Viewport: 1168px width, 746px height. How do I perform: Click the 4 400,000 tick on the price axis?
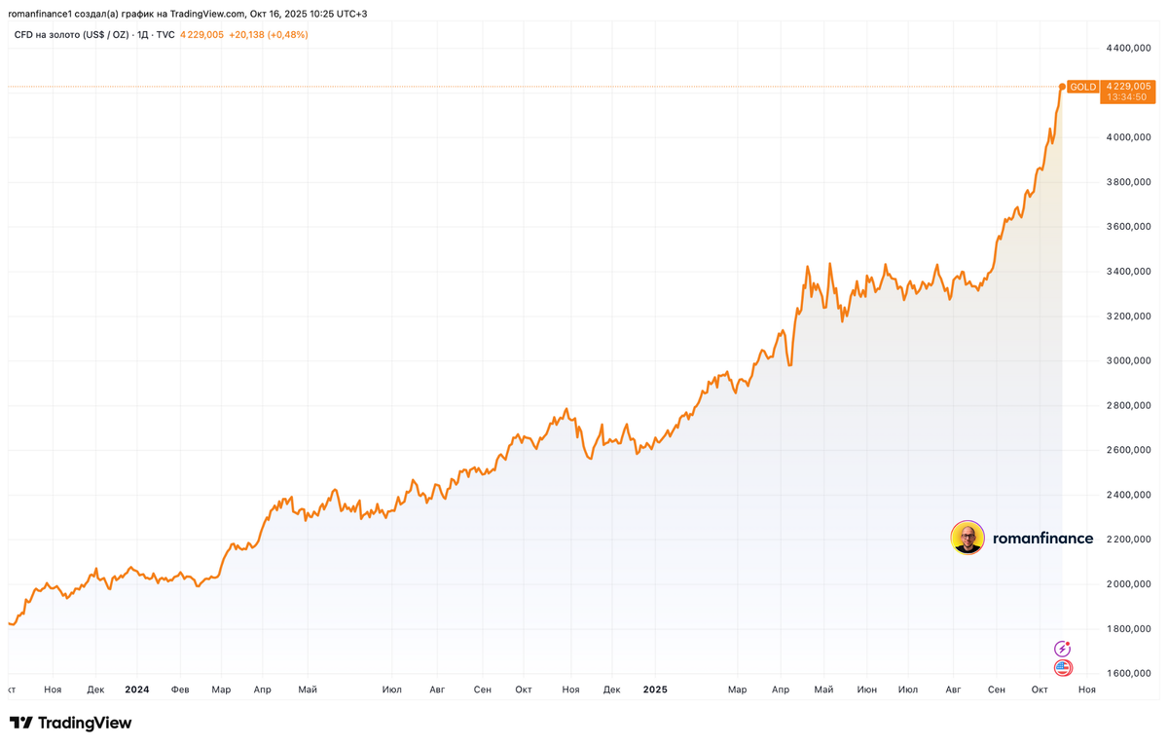pyautogui.click(x=1129, y=48)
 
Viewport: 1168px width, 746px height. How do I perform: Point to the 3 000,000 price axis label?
pyautogui.click(x=1129, y=360)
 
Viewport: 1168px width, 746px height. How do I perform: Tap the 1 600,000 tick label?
pyautogui.click(x=1129, y=673)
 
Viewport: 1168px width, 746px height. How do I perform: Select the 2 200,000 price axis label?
pyautogui.click(x=1129, y=540)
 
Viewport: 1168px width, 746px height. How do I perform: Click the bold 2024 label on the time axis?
pyautogui.click(x=137, y=690)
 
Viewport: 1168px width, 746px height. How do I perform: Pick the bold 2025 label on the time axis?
pyautogui.click(x=655, y=690)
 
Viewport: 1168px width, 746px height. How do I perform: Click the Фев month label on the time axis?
pyautogui.click(x=180, y=690)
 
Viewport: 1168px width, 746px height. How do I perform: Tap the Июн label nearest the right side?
pyautogui.click(x=866, y=690)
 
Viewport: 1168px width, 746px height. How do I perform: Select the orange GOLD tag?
pyautogui.click(x=1082, y=87)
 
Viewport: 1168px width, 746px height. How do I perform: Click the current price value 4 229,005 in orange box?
pyautogui.click(x=1128, y=87)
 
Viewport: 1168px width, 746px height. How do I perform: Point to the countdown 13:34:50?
pyautogui.click(x=1128, y=98)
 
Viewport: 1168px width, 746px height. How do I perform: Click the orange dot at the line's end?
pyautogui.click(x=1061, y=87)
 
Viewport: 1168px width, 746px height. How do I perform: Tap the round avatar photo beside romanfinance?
pyautogui.click(x=967, y=538)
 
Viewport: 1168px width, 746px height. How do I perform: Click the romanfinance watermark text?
pyautogui.click(x=1042, y=539)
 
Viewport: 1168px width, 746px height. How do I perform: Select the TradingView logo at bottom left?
pyautogui.click(x=70, y=724)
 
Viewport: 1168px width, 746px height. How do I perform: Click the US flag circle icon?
pyautogui.click(x=1063, y=668)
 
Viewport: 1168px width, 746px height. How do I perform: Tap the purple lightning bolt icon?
pyautogui.click(x=1063, y=649)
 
